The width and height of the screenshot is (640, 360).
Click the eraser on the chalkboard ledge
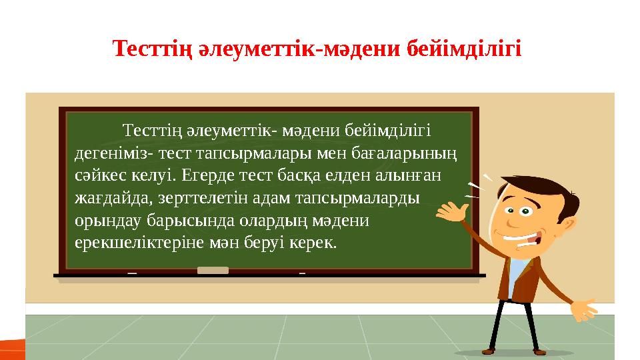point(213,271)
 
